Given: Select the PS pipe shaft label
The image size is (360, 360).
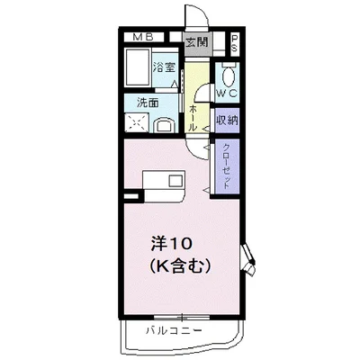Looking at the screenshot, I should point(234,43).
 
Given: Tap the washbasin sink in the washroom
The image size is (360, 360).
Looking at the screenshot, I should point(166,123).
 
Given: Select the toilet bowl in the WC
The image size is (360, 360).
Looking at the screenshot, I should point(227,74).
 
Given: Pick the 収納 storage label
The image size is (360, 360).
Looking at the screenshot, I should point(226,120).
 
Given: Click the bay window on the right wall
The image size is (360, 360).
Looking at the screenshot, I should point(251,261).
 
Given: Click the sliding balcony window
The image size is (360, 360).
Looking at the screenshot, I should point(180,318).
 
